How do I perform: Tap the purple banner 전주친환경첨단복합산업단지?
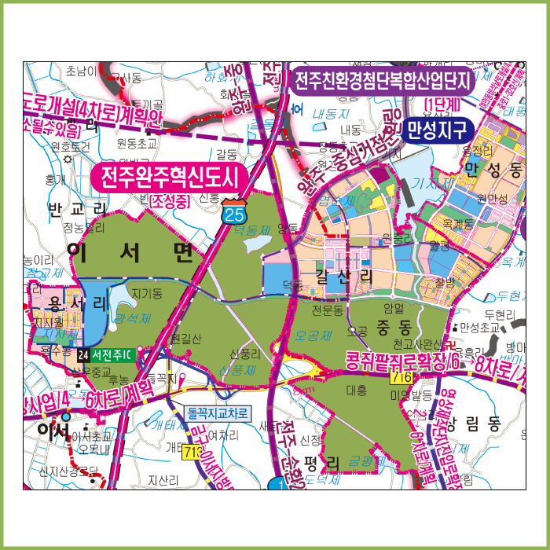[382, 81]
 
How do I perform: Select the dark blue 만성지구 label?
[436, 129]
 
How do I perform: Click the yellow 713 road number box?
[192, 453]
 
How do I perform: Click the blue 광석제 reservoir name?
[131, 317]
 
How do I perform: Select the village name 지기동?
[147, 294]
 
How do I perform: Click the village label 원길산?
[185, 338]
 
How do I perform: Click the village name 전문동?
[328, 311]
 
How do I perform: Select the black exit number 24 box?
[83, 354]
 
